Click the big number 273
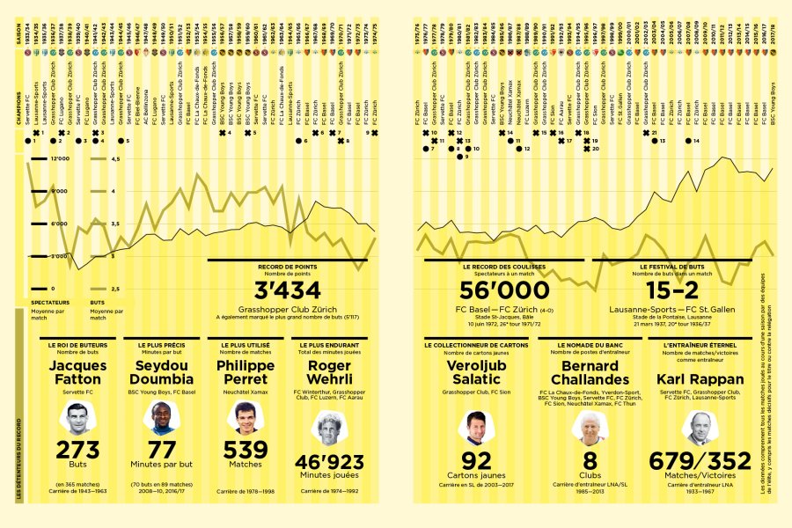[x=77, y=451]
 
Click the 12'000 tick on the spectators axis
[x=59, y=160]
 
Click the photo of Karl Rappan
[x=700, y=428]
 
